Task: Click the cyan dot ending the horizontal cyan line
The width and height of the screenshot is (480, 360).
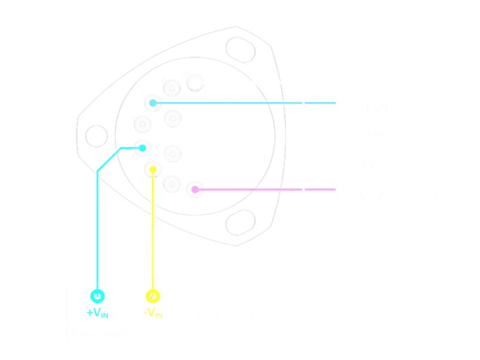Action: (x=153, y=103)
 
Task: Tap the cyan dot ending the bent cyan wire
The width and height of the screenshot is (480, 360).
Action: (x=143, y=148)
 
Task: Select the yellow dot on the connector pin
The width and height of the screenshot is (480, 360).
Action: (x=153, y=170)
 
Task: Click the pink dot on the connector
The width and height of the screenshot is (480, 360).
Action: (x=195, y=190)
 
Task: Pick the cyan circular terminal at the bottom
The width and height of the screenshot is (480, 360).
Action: (x=98, y=296)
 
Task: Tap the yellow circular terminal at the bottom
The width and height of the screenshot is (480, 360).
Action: (x=153, y=296)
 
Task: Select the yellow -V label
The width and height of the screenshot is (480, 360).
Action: (x=154, y=313)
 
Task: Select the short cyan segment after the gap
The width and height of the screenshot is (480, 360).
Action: (x=320, y=103)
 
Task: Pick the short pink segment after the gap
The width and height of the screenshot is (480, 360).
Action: (x=320, y=190)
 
